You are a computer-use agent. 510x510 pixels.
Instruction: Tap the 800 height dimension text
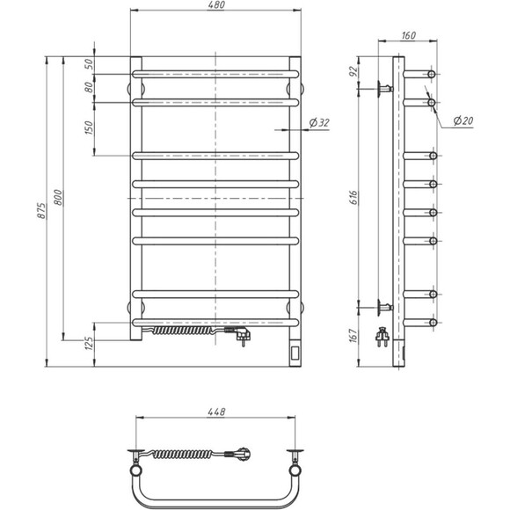click(59, 199)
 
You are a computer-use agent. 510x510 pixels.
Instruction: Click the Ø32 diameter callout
click(320, 123)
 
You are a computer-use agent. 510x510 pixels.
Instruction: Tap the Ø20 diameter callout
click(464, 120)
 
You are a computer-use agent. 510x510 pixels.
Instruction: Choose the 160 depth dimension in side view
click(409, 37)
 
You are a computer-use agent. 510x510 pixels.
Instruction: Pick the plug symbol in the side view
click(383, 335)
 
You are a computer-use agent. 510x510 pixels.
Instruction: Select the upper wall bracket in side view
click(384, 88)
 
